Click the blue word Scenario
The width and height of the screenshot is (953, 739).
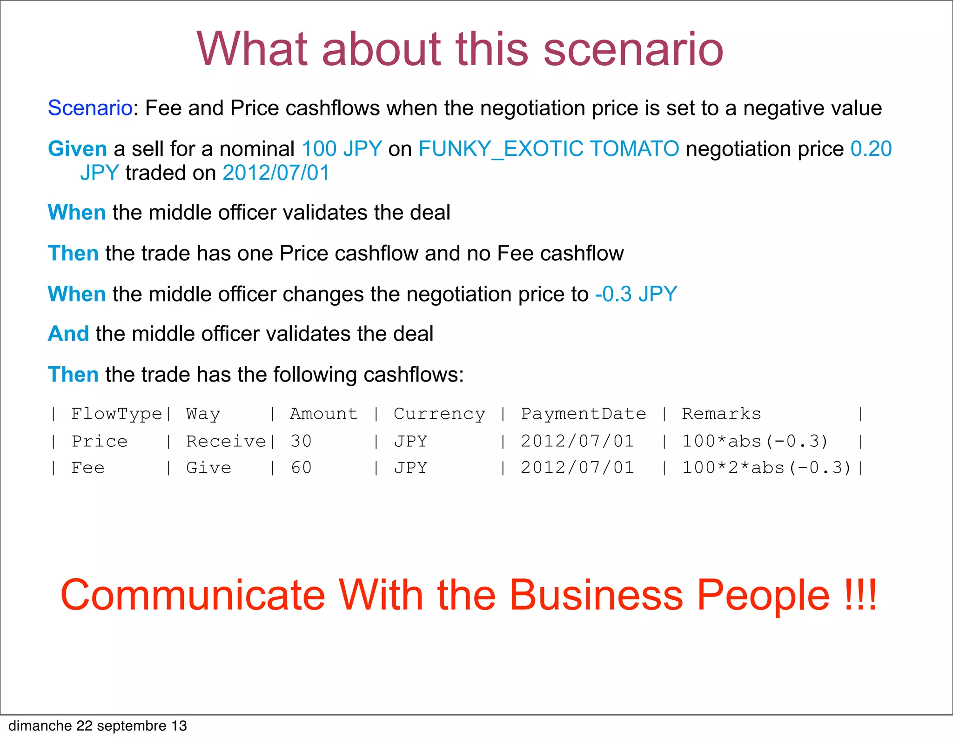click(90, 108)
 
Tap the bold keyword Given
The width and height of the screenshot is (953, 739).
click(78, 149)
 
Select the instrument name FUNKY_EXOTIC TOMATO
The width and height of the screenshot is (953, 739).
click(549, 149)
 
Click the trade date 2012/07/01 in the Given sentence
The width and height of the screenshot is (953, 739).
click(276, 173)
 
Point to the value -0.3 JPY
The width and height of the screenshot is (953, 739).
click(636, 294)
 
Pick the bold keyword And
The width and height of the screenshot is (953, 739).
click(68, 334)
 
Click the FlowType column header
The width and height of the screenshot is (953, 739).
click(116, 414)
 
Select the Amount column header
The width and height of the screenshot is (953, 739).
click(324, 414)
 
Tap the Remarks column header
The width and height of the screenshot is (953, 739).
click(721, 414)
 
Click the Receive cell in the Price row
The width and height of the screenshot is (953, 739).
click(226, 441)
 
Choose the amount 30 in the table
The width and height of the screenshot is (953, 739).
click(301, 441)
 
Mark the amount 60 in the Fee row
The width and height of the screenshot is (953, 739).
click(301, 468)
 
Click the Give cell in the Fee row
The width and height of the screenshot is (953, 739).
click(208, 468)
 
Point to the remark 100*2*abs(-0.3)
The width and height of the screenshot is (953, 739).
click(766, 468)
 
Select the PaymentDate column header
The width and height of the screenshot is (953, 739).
click(584, 414)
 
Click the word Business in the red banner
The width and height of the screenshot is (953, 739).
click(596, 595)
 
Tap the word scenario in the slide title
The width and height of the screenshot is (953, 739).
click(633, 49)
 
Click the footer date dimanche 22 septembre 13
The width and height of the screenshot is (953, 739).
click(98, 726)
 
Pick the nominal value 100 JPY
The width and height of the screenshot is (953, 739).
click(342, 149)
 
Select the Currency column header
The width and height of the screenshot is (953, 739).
click(439, 414)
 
